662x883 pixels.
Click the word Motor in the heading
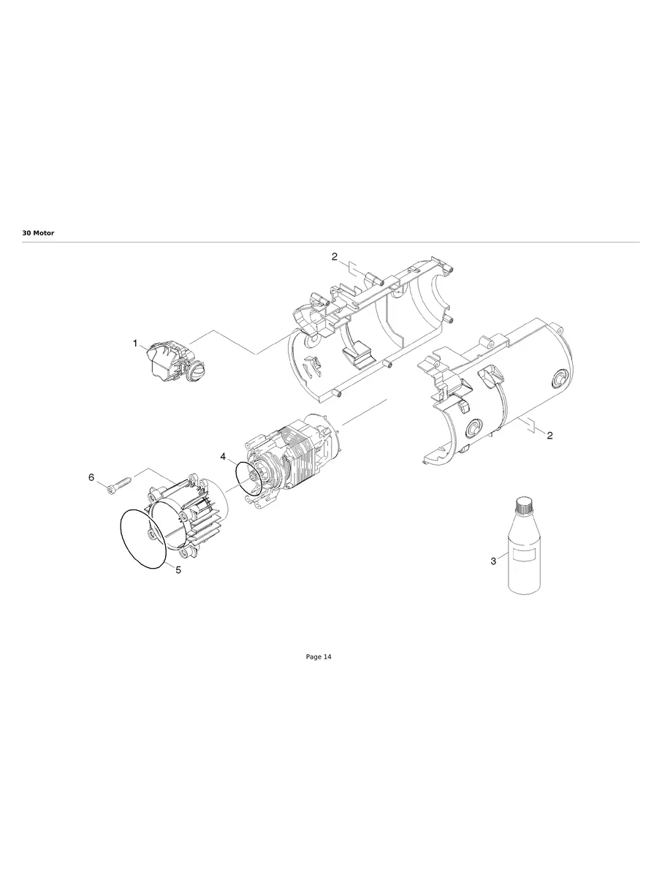44,232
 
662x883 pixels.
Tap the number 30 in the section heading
26,232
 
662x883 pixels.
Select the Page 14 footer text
318,657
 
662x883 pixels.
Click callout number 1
135,343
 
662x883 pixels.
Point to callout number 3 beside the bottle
493,561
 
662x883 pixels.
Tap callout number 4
222,456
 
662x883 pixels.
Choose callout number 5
178,569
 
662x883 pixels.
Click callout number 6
91,477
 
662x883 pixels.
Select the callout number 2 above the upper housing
335,257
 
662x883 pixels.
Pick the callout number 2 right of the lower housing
549,435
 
